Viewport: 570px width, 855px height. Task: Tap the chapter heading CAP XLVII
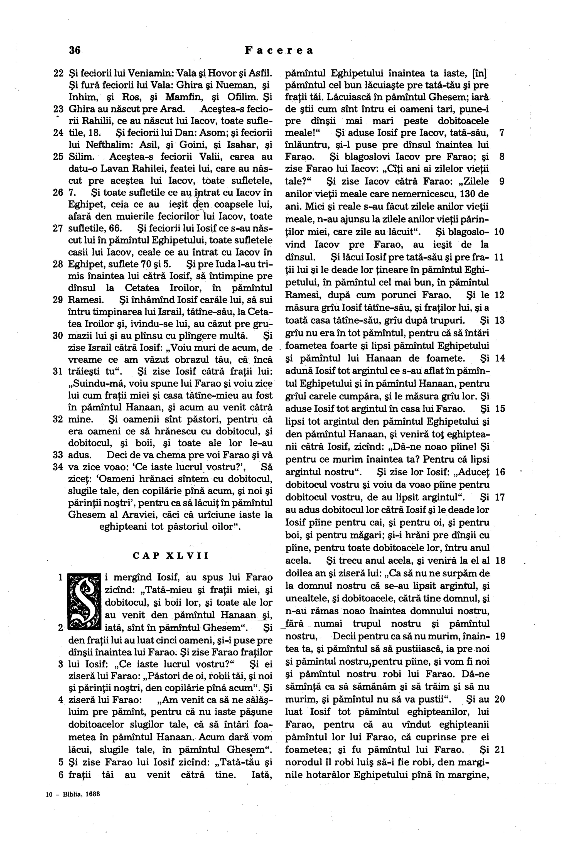pos(171,556)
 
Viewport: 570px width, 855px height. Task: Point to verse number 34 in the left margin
pos(58,467)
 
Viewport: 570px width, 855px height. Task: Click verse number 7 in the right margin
pos(502,133)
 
